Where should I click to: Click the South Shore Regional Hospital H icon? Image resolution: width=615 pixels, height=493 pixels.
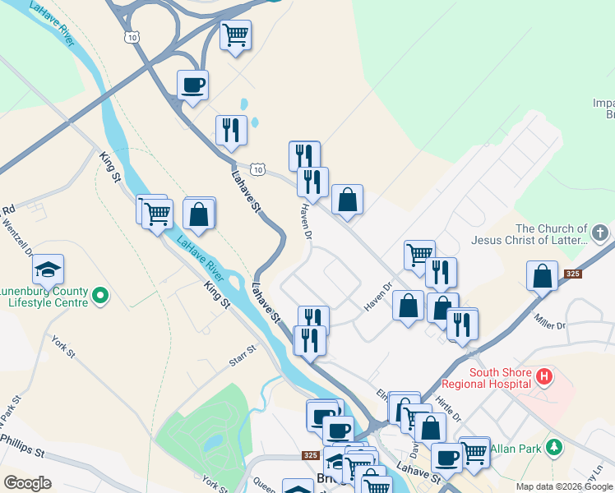point(543,378)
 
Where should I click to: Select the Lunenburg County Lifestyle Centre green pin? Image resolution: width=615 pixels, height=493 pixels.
point(100,294)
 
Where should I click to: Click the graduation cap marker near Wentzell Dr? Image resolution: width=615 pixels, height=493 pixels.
point(49,270)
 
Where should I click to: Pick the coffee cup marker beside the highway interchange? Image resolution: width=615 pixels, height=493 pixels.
point(192,85)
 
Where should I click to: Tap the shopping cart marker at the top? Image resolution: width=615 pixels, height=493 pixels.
point(236,35)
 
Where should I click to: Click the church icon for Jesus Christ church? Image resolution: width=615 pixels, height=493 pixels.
point(601,234)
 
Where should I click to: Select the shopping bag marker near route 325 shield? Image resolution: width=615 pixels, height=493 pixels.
point(543,276)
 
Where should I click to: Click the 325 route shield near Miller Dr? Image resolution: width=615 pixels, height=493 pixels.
point(573,273)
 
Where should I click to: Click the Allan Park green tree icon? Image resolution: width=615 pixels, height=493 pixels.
point(555,448)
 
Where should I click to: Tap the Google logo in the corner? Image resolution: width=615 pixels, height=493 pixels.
point(27,483)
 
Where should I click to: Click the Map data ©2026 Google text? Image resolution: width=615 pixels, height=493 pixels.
point(564,486)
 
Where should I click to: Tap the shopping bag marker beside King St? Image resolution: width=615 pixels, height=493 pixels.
point(199,214)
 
